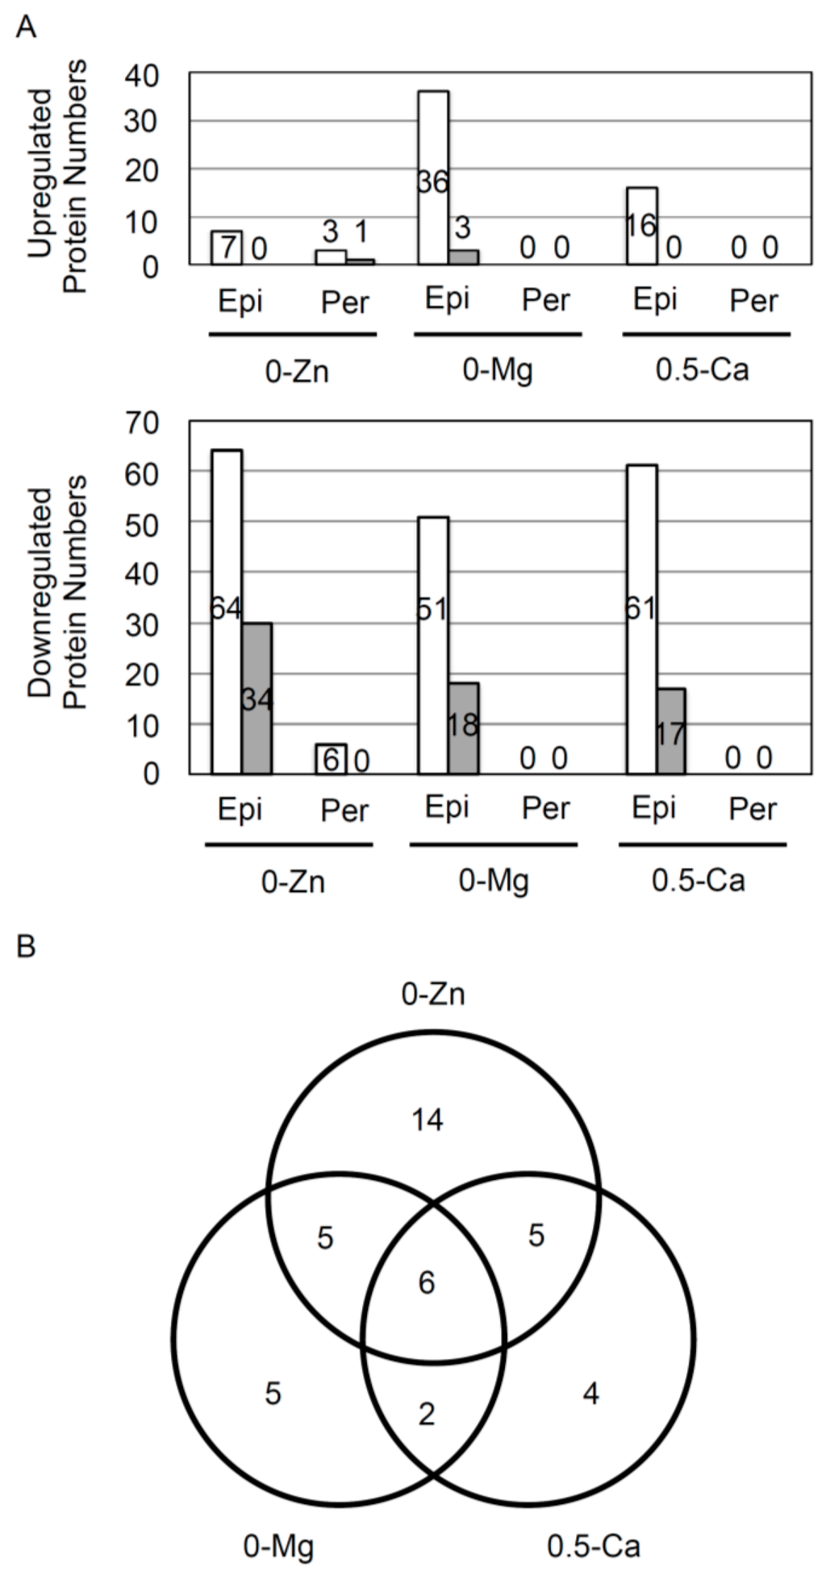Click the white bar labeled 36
[x=433, y=177]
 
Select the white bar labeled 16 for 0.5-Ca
[x=641, y=226]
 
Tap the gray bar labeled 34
[x=257, y=698]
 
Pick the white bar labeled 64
[x=227, y=611]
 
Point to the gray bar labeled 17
[x=670, y=731]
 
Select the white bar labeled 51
[x=433, y=644]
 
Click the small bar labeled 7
[x=227, y=248]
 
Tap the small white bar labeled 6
[x=331, y=759]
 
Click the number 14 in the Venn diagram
[x=428, y=1119]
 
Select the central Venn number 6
[x=427, y=1282]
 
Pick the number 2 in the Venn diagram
[x=427, y=1413]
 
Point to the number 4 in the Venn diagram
[x=590, y=1393]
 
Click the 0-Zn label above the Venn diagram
[x=433, y=994]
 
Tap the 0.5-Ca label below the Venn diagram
[x=593, y=1545]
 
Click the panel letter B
[x=26, y=944]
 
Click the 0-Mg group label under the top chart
[x=498, y=370]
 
